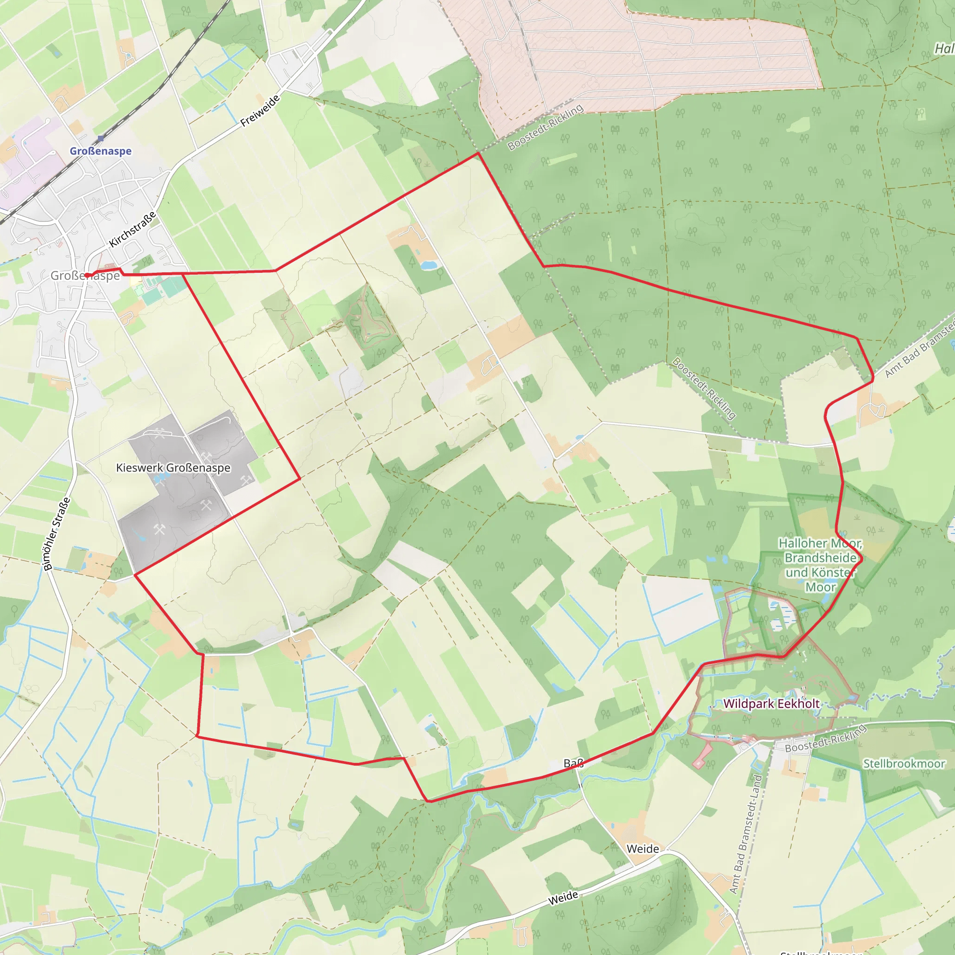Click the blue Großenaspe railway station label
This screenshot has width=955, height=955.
[100, 151]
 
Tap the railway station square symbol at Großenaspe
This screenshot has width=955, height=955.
[101, 138]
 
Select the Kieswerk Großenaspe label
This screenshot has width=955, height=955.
[173, 468]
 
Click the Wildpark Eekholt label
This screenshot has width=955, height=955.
[771, 703]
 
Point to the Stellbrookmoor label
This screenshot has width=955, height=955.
[904, 764]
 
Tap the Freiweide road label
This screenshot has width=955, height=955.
[260, 111]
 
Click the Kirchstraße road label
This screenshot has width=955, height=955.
[132, 229]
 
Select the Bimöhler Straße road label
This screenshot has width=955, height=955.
[56, 534]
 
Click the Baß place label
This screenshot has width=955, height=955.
[574, 763]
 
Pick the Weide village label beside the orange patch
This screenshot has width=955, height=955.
[643, 849]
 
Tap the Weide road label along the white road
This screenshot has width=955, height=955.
[563, 898]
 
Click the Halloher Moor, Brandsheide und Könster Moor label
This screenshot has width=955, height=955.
[821, 565]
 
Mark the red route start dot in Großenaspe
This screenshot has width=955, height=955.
[87, 275]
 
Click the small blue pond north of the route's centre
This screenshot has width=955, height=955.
[429, 265]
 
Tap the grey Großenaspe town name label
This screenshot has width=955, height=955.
[85, 275]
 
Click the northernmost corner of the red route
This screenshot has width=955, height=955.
[478, 153]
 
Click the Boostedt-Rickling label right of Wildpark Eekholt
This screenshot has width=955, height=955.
[825, 738]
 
